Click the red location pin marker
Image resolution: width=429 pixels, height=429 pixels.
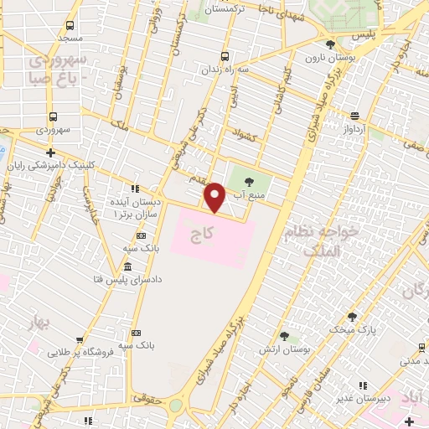pos(215,198)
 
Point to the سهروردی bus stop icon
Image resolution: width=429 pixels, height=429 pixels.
pos(53,117)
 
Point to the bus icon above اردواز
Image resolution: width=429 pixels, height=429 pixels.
pos(355,116)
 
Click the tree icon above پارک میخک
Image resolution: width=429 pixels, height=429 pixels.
pos(353,317)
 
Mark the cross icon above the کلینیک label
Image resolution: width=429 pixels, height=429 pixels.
pos(52,153)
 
